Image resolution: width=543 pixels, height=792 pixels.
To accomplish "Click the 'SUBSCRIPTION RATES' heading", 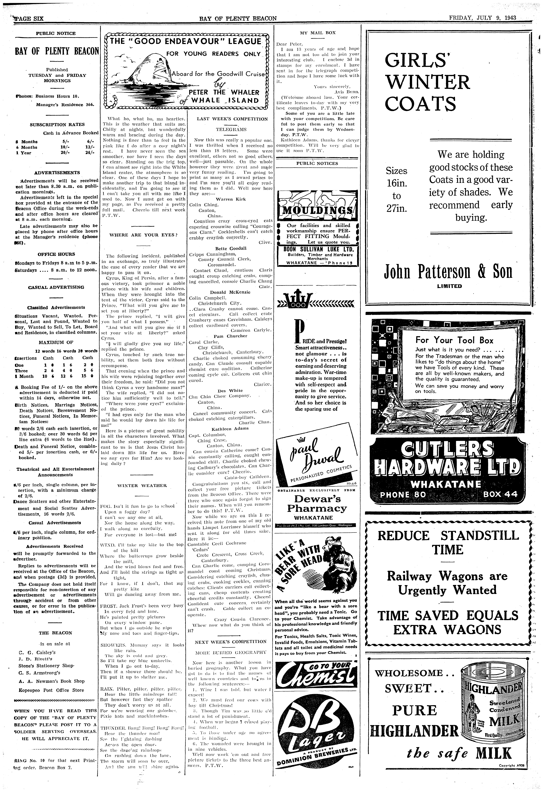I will click(57, 125).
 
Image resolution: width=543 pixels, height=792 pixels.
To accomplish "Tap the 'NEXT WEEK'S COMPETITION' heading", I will click(231, 641).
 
